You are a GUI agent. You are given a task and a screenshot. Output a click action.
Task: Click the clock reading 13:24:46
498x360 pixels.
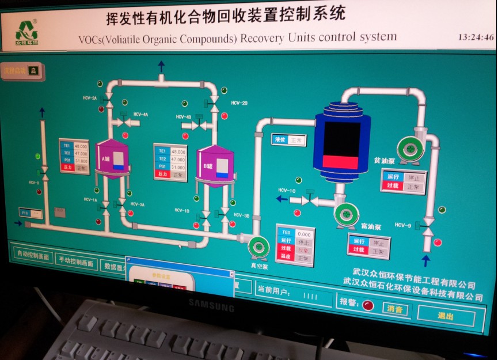(476, 37)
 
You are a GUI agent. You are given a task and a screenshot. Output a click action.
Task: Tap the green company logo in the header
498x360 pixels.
(26, 32)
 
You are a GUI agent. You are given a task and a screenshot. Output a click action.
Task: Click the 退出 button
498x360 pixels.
(445, 316)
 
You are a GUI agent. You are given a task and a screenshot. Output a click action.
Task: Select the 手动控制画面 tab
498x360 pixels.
(76, 262)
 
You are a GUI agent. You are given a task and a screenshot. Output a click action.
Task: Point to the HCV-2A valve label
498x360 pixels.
(90, 98)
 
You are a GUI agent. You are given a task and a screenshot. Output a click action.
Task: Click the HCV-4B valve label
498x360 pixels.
(184, 117)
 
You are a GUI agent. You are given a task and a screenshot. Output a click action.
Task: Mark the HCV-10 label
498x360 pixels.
(287, 191)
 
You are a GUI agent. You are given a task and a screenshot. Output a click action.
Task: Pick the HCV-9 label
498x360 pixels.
(403, 225)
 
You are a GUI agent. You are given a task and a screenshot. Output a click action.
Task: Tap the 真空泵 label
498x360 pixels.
(258, 266)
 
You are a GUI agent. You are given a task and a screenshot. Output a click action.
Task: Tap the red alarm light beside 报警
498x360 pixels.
(368, 305)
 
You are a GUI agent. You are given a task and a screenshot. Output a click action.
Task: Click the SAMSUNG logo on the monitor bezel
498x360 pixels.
(211, 305)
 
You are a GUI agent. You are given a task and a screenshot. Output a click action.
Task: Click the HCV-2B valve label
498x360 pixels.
(240, 103)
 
